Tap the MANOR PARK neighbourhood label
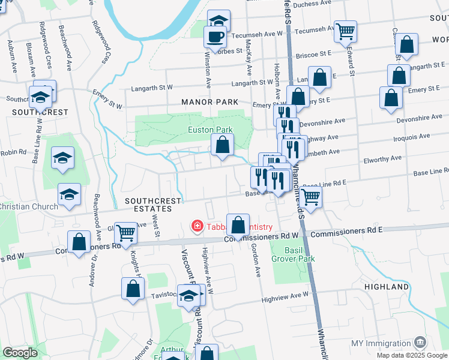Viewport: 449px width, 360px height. coord(210,103)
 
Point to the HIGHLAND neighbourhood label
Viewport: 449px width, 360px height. coord(386,287)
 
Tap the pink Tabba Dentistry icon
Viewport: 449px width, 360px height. coord(196,226)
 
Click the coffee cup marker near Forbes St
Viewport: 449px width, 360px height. coord(215,37)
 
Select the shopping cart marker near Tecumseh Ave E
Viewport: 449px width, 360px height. coord(345,31)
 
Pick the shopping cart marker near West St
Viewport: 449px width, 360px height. coord(125,232)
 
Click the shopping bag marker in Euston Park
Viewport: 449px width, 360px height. coord(222,145)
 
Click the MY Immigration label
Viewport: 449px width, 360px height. coord(381,343)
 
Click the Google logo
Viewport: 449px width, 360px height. coord(20,353)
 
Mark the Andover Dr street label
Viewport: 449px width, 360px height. coord(93,273)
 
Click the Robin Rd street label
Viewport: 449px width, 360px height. coord(13,152)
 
